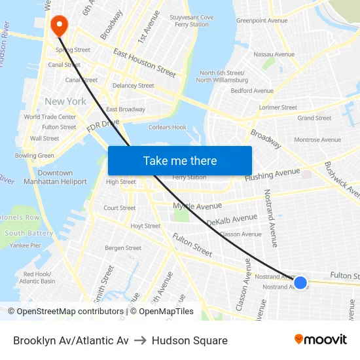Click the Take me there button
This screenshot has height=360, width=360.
click(180, 161)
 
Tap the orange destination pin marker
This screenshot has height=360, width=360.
click(59, 26)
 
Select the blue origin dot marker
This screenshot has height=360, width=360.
click(300, 282)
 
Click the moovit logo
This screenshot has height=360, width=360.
click(320, 340)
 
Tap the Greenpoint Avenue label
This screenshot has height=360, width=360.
click(262, 20)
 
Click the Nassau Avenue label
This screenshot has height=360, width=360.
click(274, 54)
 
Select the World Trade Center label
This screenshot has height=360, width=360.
click(50, 117)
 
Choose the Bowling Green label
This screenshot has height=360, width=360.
click(35, 156)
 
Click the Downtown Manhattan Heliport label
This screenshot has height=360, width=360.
click(55, 177)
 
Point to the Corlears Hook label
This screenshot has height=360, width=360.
click(168, 128)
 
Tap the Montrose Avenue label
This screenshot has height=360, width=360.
click(317, 139)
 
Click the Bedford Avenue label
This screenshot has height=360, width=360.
click(252, 91)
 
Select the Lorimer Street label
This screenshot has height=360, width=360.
click(278, 107)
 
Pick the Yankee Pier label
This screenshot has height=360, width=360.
click(26, 245)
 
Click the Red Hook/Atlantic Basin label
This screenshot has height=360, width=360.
click(37, 278)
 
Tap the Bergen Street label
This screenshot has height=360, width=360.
click(123, 248)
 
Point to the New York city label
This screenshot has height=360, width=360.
click(65, 101)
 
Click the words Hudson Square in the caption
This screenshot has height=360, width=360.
click(190, 340)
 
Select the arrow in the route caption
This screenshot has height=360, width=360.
click(140, 340)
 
